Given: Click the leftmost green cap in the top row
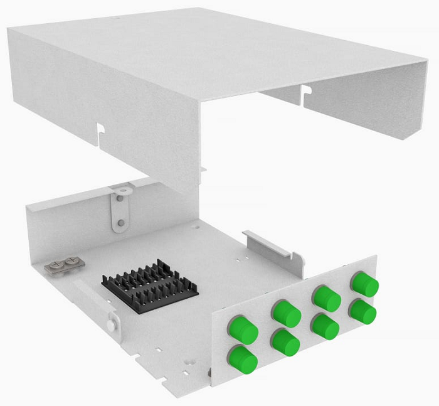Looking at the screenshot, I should tap(245, 330).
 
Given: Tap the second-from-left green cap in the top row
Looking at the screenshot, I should tap(287, 313).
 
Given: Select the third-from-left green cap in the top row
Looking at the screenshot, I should tap(326, 297).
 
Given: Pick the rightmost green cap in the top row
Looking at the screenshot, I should tap(365, 284).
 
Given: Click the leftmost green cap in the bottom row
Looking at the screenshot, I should tap(243, 359).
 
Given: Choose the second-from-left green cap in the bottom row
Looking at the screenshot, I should tap(285, 342).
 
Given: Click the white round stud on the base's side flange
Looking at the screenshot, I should tap(111, 324).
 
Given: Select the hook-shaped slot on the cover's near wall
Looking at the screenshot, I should tap(98, 133).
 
